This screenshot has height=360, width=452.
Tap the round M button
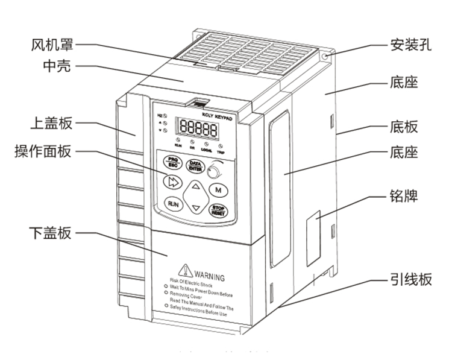coord(218,189)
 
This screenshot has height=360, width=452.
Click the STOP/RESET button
coord(218,210)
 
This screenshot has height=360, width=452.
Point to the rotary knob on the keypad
coord(213,173)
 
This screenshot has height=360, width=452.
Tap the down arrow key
coord(195,207)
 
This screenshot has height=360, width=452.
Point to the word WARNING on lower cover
coord(209,277)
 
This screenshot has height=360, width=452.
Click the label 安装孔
coord(409,45)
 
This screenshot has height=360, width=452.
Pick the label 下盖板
coord(51,233)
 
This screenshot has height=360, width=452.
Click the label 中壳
coord(57,66)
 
